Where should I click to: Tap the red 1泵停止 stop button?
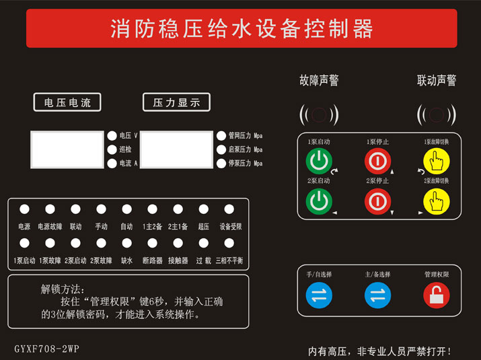[x=377, y=161]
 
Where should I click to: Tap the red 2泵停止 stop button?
[x=377, y=201]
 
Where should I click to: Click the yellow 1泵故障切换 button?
[x=436, y=161]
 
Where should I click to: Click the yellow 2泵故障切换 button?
[x=436, y=201]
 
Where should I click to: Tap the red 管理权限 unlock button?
[x=436, y=295]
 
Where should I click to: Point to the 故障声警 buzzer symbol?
[x=320, y=115]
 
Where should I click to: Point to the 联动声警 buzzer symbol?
[x=437, y=115]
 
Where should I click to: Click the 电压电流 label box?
[x=67, y=102]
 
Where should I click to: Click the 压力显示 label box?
[x=176, y=102]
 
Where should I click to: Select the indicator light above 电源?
[x=24, y=209]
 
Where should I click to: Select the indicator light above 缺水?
[x=126, y=242]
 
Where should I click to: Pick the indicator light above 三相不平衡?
[x=229, y=242]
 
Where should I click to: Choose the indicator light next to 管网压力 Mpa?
[x=221, y=135]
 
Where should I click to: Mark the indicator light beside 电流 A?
[x=112, y=163]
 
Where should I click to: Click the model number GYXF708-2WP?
[x=47, y=349]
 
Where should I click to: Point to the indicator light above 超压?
[x=203, y=209]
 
